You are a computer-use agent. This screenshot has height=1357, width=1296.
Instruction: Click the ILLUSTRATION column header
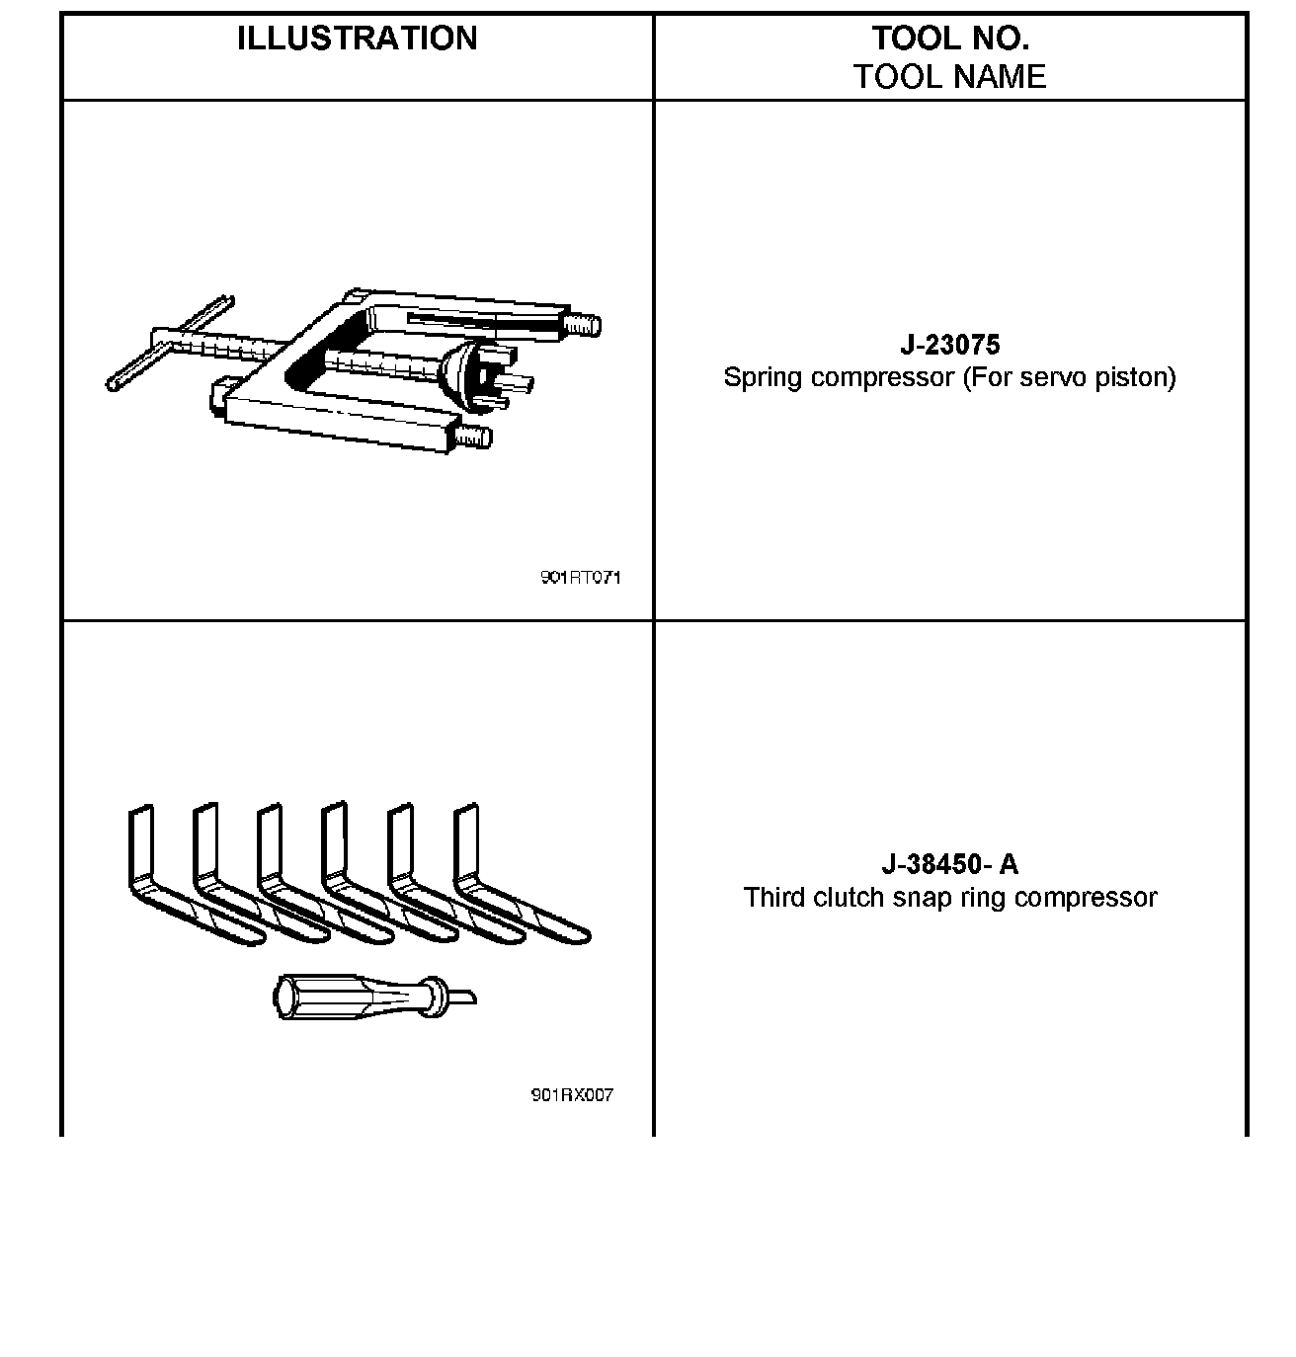tap(357, 39)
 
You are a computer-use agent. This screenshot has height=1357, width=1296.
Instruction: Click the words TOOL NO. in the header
tap(949, 39)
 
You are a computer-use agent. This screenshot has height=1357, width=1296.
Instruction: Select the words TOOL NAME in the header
tap(949, 77)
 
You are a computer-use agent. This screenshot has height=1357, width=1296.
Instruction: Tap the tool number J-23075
tap(949, 345)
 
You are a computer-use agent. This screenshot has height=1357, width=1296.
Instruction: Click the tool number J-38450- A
tap(949, 864)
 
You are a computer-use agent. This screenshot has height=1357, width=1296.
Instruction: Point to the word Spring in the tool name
tap(756, 378)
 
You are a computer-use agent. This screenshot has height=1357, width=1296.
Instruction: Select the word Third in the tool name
tap(772, 898)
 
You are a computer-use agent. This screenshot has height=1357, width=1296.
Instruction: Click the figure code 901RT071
tap(580, 578)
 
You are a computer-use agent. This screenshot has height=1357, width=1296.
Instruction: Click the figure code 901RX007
tap(572, 1095)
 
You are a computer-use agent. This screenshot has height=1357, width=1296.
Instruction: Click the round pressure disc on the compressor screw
tap(457, 376)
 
